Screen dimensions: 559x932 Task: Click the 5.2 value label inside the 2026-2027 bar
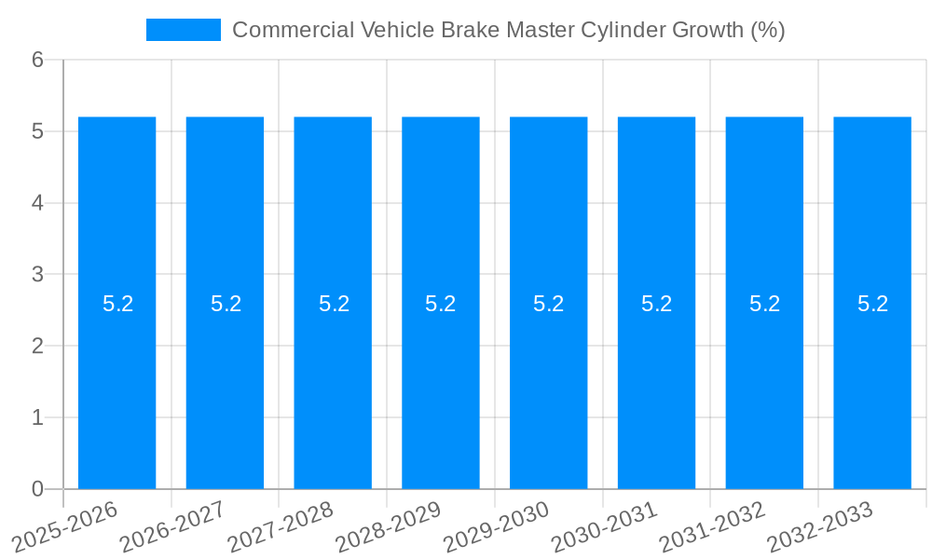tap(226, 304)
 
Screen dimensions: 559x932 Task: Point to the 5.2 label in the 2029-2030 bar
tap(548, 304)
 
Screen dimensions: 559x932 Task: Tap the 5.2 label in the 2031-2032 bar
tap(764, 304)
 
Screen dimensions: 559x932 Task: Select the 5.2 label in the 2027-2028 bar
tap(334, 304)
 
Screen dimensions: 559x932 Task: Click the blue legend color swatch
tap(184, 30)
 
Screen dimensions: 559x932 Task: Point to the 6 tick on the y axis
tap(38, 60)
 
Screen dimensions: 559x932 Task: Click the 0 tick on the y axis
tap(38, 489)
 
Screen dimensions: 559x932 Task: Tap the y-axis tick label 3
tap(38, 274)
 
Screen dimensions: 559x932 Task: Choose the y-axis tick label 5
tap(38, 131)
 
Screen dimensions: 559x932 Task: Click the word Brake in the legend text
tap(473, 30)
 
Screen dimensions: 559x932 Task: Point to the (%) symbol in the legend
tap(768, 30)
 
